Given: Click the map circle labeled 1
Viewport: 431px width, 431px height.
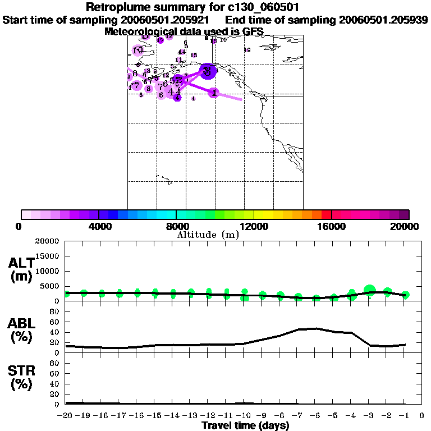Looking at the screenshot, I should click(x=214, y=93).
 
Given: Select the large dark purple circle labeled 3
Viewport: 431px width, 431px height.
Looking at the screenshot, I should click(x=208, y=71).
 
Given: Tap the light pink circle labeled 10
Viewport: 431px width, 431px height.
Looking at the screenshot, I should click(x=138, y=51).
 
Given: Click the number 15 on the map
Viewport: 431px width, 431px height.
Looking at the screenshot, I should click(x=194, y=55).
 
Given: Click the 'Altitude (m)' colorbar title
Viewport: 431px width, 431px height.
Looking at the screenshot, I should click(x=208, y=235).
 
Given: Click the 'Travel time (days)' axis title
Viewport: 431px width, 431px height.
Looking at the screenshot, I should click(x=245, y=425).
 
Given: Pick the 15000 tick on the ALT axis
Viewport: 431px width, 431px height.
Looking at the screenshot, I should click(x=49, y=256).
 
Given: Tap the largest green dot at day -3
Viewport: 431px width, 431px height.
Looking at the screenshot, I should click(x=369, y=290).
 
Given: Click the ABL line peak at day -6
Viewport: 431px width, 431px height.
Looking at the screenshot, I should click(x=315, y=328).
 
